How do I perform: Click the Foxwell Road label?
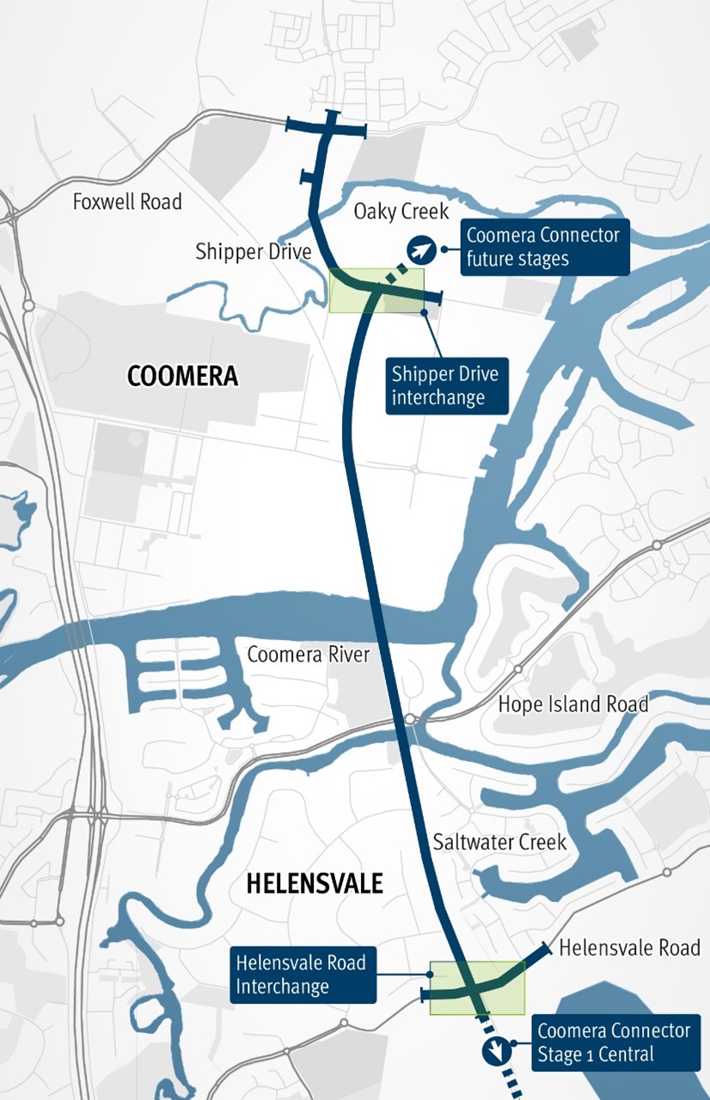(x=127, y=202)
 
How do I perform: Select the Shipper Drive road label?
(x=253, y=252)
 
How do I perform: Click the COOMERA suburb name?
(x=182, y=376)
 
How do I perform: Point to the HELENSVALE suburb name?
(x=314, y=883)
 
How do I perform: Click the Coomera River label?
(x=308, y=654)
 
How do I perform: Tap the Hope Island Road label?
(x=573, y=704)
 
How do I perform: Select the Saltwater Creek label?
(x=499, y=841)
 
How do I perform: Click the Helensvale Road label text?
(x=629, y=949)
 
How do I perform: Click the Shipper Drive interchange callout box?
(x=446, y=386)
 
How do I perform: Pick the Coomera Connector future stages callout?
(x=544, y=247)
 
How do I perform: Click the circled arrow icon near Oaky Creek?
(x=420, y=249)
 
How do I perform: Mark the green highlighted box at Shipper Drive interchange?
(x=376, y=290)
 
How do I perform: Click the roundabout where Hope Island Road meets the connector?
(x=411, y=719)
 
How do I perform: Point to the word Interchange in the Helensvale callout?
(x=283, y=986)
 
